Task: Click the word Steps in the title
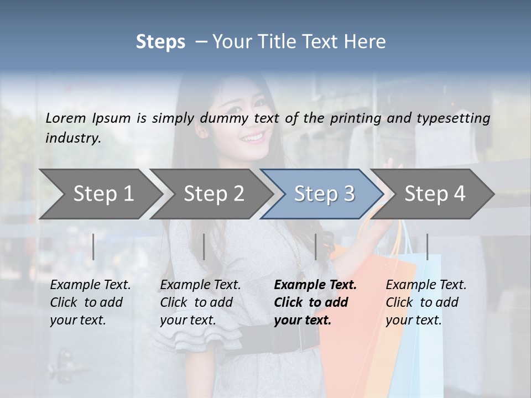[x=160, y=42]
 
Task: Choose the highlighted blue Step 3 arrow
[x=324, y=194]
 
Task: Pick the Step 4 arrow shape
[x=435, y=194]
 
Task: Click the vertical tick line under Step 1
[x=93, y=247]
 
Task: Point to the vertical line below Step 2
[x=204, y=247]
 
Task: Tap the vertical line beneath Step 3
[x=316, y=247]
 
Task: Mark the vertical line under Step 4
[x=428, y=247]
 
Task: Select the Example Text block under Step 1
[x=90, y=302]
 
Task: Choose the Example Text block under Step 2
[x=200, y=302]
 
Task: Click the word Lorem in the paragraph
[x=65, y=118]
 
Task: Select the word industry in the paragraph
[x=72, y=138]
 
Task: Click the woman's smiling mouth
[x=252, y=136]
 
